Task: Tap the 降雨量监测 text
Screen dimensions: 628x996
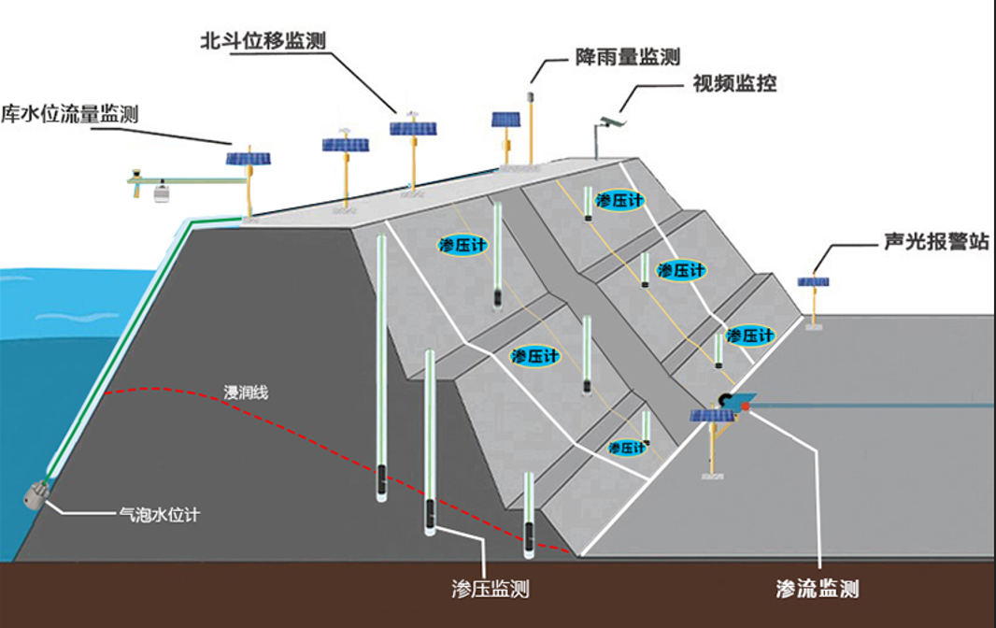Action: coord(625,57)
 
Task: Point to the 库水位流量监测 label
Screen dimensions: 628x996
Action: coord(69,114)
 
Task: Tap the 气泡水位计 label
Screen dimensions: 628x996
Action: coord(158,513)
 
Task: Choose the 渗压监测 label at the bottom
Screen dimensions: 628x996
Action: coord(490,589)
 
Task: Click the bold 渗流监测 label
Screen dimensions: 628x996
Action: coord(817,589)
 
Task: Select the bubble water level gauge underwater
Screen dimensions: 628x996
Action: coord(38,492)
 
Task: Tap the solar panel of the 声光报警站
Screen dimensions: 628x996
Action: coord(813,281)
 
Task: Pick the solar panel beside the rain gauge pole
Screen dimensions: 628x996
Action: coord(505,120)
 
